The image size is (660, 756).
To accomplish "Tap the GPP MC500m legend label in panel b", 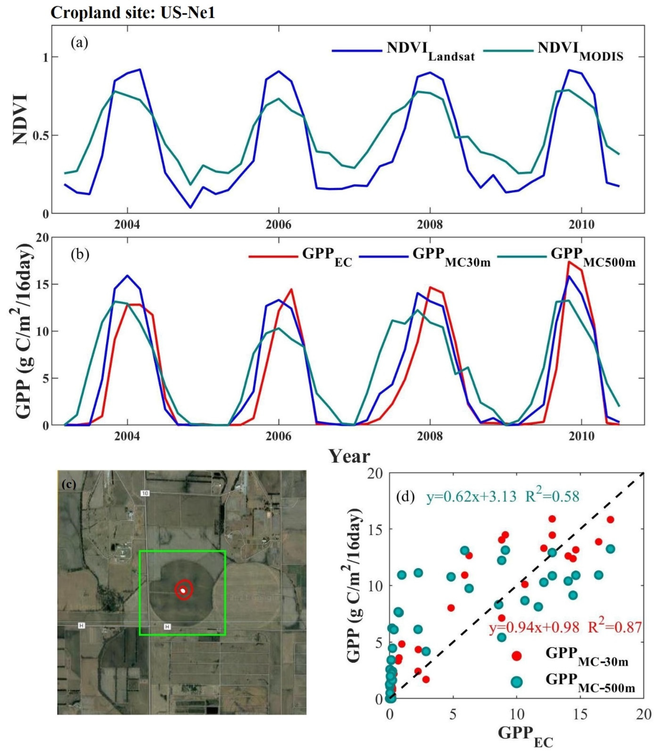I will pos(593,256).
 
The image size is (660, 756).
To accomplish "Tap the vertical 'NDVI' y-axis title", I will pos(21,120).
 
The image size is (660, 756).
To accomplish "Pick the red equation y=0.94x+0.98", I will pos(534,627).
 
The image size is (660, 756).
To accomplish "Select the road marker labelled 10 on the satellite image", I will pos(145,493).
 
